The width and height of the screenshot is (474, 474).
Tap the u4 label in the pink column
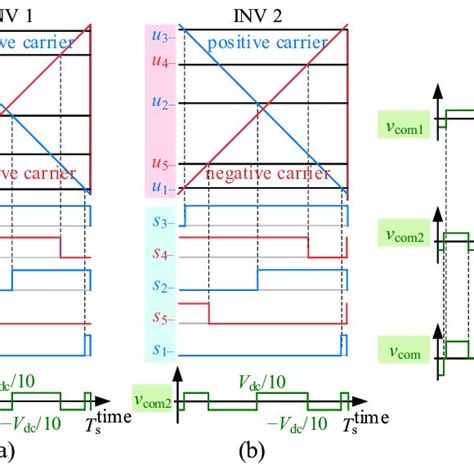[x=158, y=63]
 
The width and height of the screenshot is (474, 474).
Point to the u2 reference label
[x=158, y=105]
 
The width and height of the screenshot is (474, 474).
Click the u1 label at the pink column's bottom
[x=158, y=187]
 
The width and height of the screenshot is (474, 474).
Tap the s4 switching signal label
[x=158, y=254]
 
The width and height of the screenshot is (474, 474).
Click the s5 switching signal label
[x=158, y=322]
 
